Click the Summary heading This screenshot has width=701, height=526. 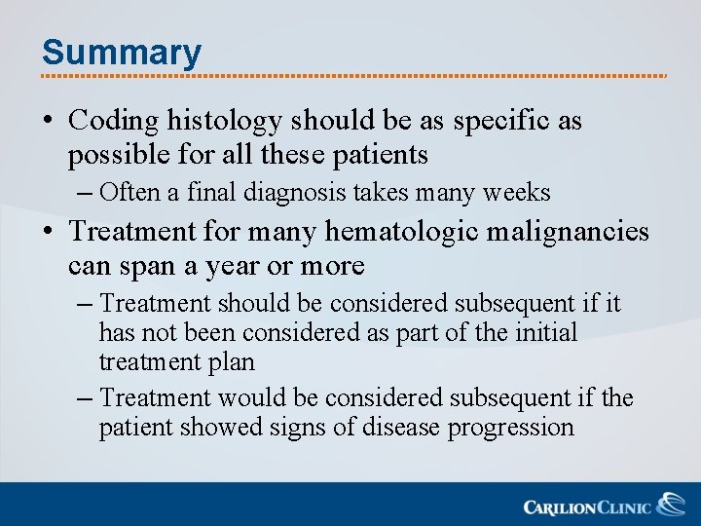tap(122, 52)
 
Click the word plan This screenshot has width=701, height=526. tap(234, 362)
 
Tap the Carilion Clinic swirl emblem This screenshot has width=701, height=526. tap(671, 505)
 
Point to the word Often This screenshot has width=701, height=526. tap(131, 193)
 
